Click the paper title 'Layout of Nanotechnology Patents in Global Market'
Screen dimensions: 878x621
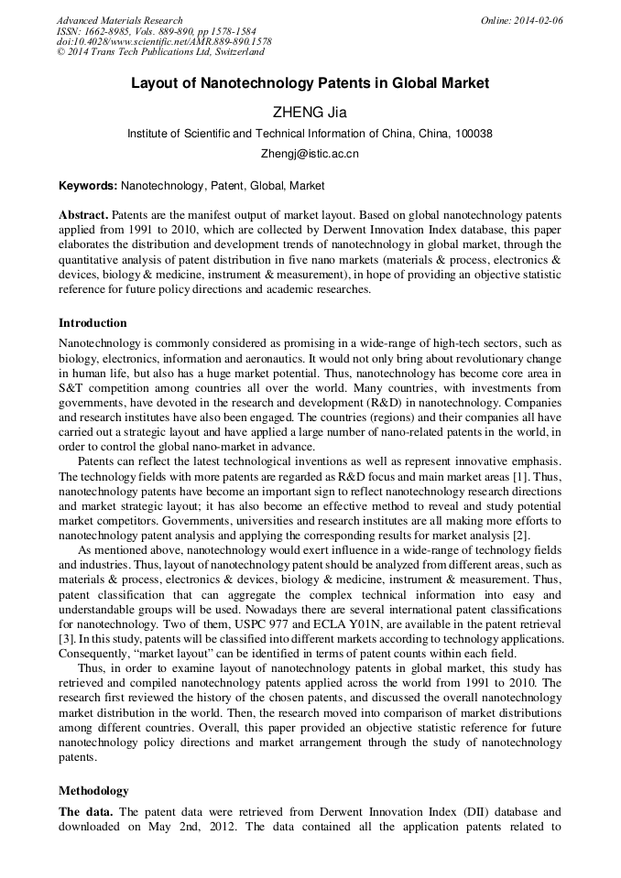pos(310,83)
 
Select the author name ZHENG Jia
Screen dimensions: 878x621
pos(310,113)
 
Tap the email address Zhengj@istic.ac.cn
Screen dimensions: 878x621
pos(310,154)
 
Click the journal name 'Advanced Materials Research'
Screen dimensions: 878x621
pos(119,20)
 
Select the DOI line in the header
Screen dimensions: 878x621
pos(164,42)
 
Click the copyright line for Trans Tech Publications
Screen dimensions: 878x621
pos(160,53)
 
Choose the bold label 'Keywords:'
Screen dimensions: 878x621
pos(88,186)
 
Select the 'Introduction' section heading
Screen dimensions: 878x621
pos(93,323)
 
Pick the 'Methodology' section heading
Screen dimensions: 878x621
pos(93,790)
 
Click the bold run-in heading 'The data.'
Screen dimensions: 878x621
pos(87,812)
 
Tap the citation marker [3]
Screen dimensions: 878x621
pos(66,637)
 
